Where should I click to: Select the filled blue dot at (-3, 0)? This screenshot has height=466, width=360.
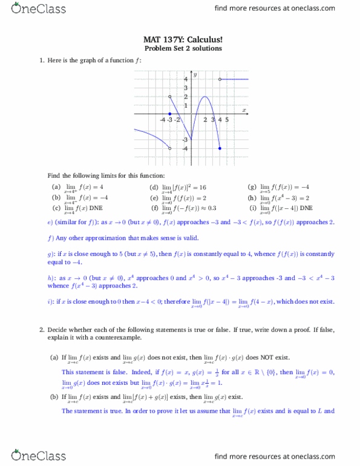pyautogui.click(x=169, y=114)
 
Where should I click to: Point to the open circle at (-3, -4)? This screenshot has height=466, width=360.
pyautogui.click(x=169, y=148)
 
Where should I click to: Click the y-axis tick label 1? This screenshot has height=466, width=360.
pyautogui.click(x=186, y=105)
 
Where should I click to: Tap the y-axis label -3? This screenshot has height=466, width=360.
pyautogui.click(x=185, y=140)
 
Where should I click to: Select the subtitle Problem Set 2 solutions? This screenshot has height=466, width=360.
pyautogui.click(x=183, y=48)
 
